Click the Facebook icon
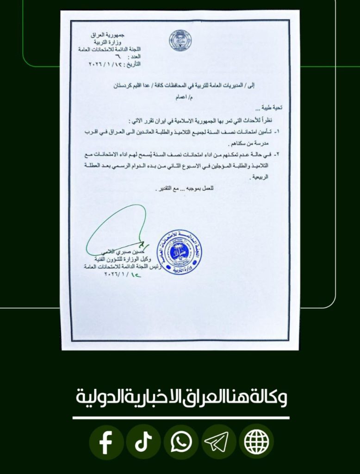point(106,442)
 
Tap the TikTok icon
point(143,442)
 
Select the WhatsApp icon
point(181,442)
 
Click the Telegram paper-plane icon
point(219,442)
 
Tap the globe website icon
point(256,442)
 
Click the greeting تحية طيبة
point(271,107)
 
